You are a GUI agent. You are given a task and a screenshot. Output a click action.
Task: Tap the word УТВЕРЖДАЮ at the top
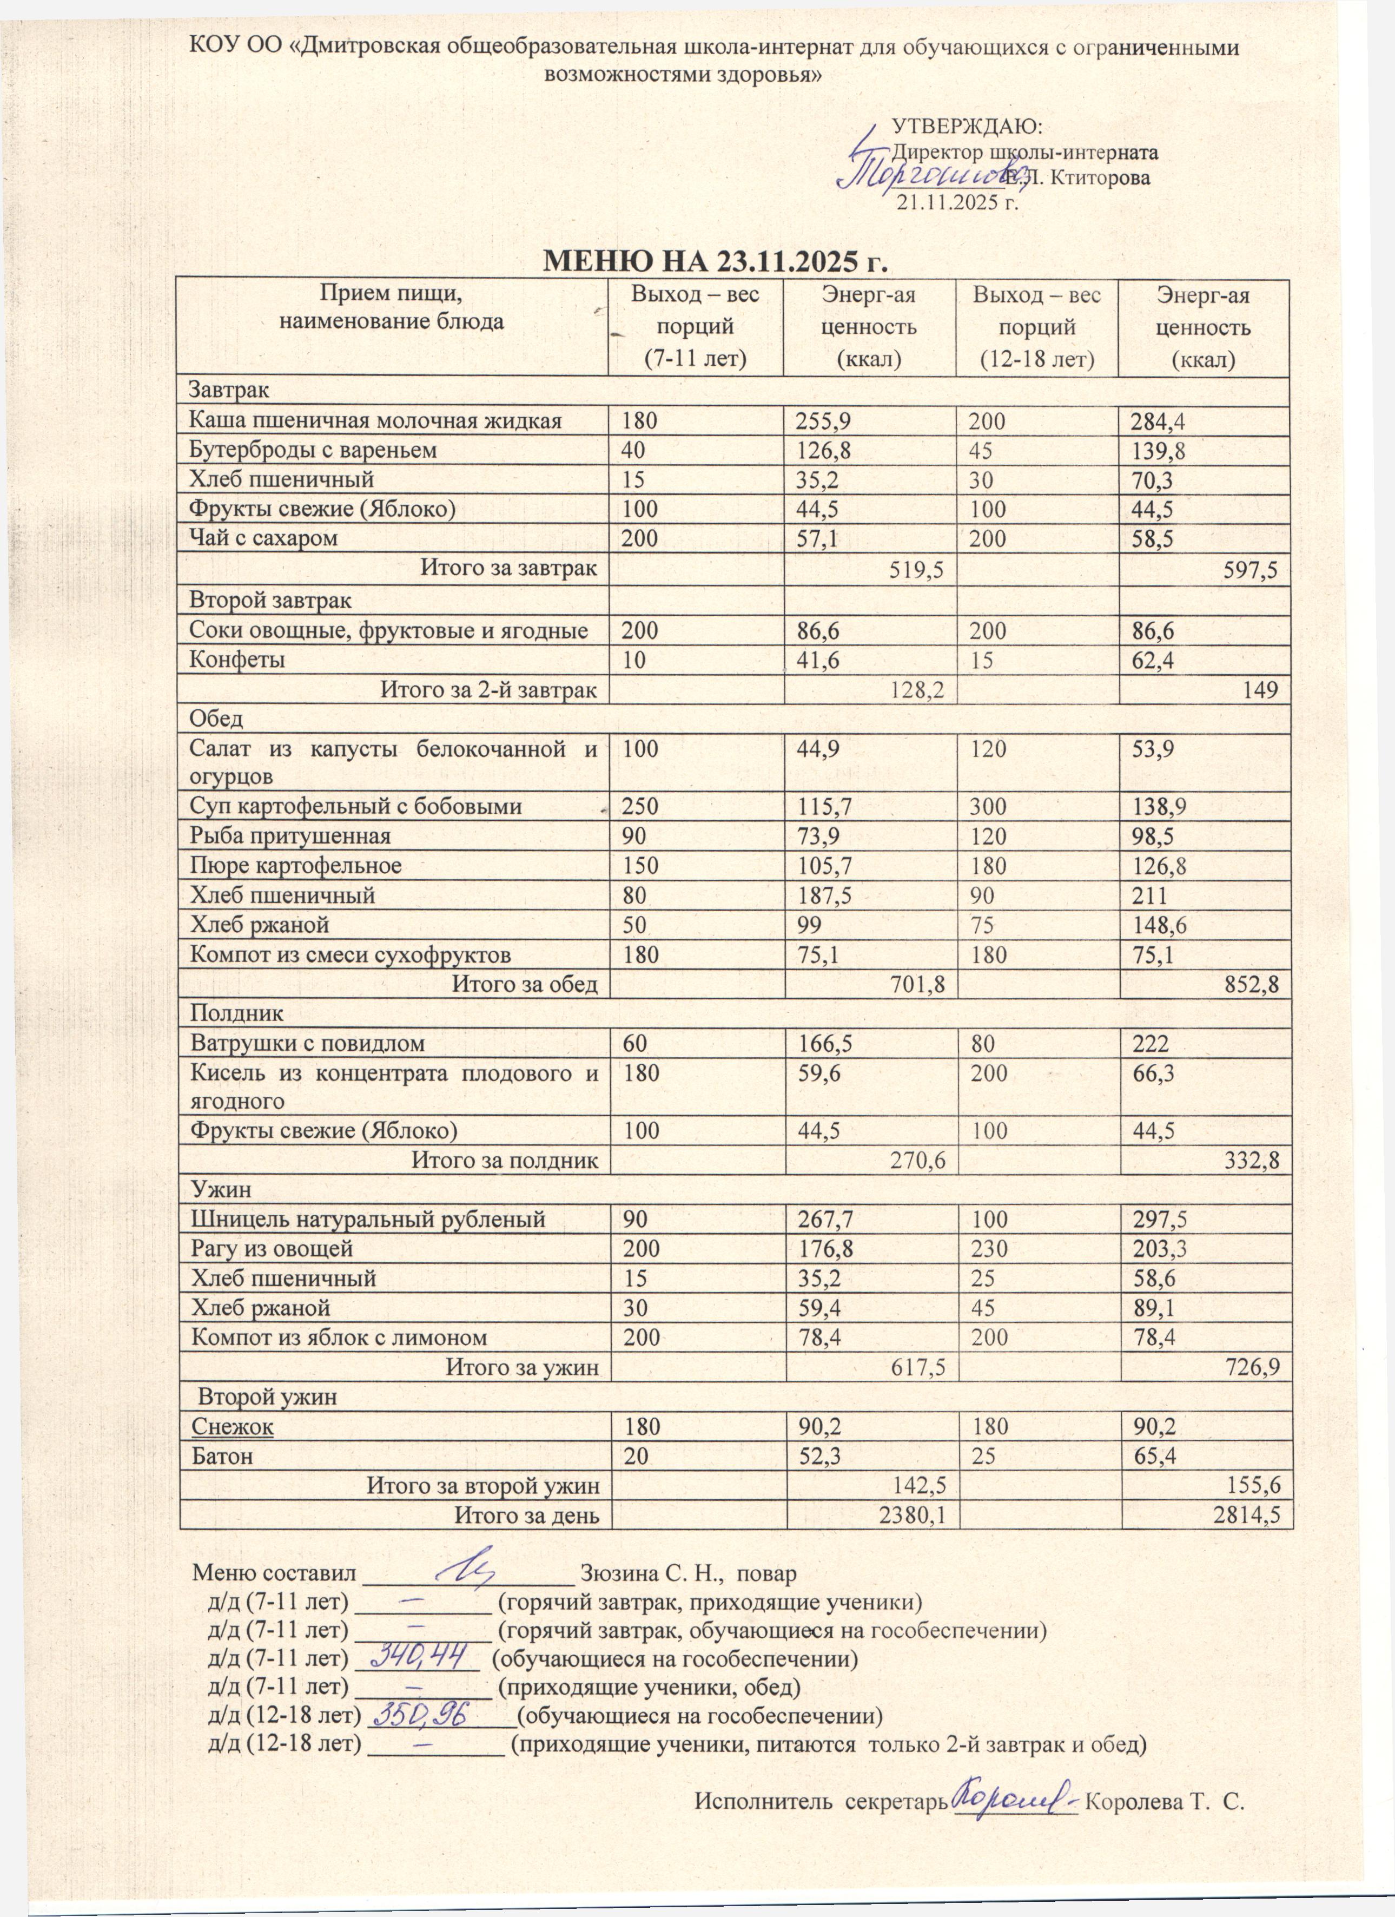pyautogui.click(x=968, y=127)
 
